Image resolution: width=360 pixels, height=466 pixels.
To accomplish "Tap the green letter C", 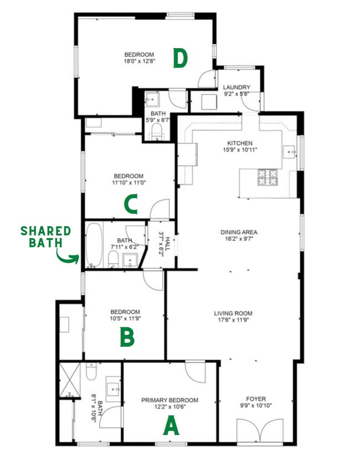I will (x=131, y=204).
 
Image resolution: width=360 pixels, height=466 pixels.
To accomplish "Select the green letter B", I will (x=127, y=338).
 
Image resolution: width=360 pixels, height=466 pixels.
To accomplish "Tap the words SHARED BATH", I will (x=46, y=236).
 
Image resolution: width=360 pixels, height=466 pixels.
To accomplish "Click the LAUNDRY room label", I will (x=236, y=88).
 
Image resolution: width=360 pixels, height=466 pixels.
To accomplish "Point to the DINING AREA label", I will (x=239, y=232).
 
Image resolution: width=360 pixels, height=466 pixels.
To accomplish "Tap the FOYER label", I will (x=256, y=399).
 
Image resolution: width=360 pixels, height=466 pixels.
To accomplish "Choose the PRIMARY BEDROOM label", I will (x=169, y=400).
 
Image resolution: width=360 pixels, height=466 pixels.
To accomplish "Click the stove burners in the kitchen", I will (x=267, y=177).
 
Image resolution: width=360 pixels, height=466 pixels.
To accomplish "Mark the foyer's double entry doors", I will (x=256, y=431).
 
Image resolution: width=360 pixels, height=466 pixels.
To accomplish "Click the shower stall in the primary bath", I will (x=70, y=380).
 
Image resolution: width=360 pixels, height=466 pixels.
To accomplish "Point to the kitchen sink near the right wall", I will (x=289, y=150).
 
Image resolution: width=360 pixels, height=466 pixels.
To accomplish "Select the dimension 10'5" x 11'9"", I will (x=125, y=319).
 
